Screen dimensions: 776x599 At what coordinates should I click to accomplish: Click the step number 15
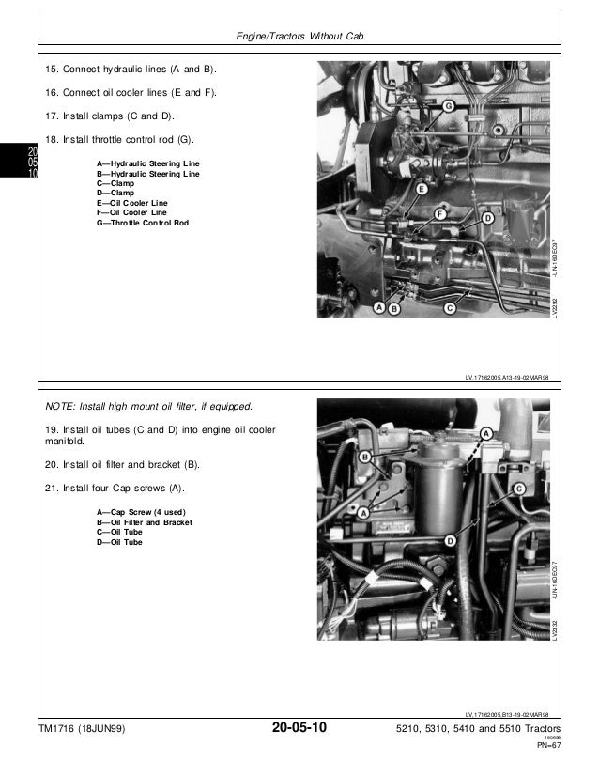(53, 70)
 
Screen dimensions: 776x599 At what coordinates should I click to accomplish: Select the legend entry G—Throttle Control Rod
(143, 223)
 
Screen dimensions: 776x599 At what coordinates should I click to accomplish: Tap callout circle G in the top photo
(449, 107)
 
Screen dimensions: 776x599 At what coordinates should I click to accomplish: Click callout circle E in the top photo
(422, 189)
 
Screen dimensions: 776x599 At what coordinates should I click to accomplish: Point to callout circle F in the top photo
(439, 214)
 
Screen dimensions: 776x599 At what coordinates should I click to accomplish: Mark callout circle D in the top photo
(487, 218)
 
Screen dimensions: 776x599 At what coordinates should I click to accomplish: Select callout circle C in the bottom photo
(517, 489)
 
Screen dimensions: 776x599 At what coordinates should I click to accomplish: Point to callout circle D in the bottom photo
(451, 540)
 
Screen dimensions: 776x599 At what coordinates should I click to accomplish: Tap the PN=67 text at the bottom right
(548, 748)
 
